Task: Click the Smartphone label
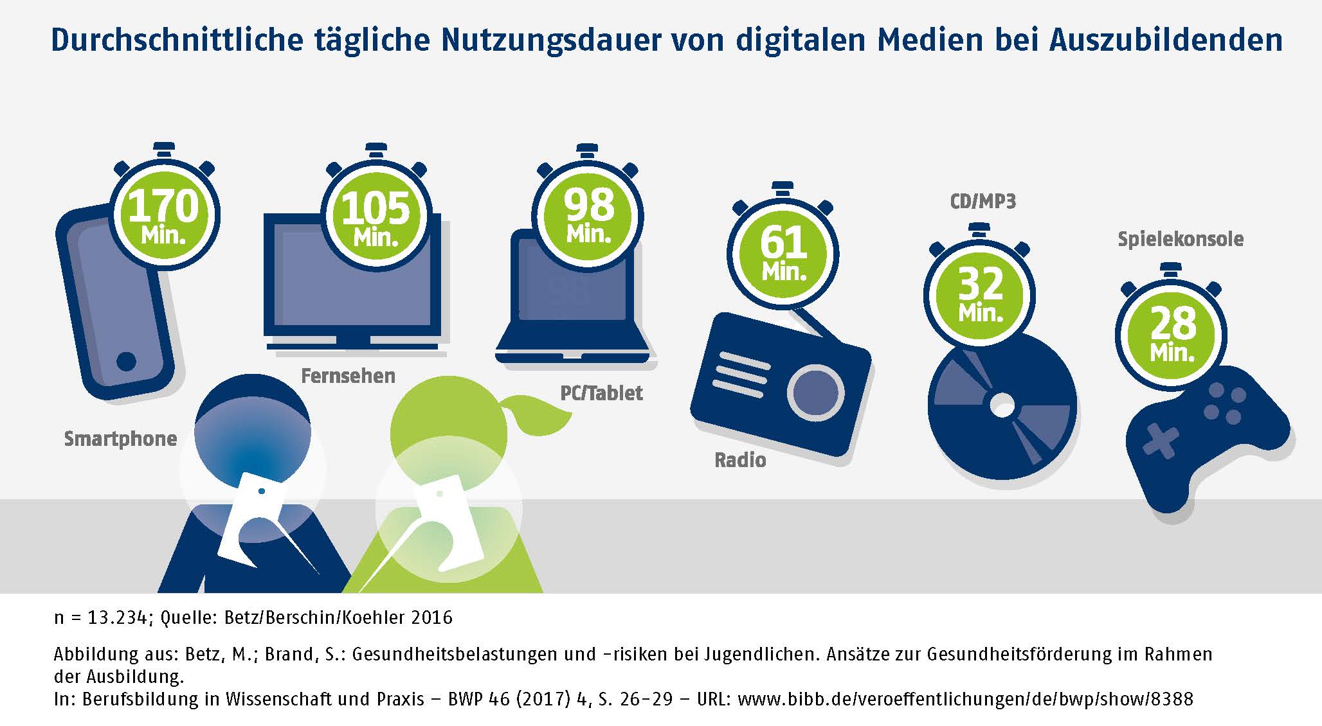tap(120, 439)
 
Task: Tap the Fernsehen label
tap(348, 376)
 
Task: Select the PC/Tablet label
tap(601, 393)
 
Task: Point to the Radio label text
tap(740, 460)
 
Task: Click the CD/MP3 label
tap(982, 202)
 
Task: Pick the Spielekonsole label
tap(1180, 239)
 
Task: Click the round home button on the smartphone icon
tap(127, 361)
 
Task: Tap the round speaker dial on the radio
tap(815, 393)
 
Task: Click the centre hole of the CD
tap(1002, 405)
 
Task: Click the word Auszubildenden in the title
tap(1165, 40)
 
